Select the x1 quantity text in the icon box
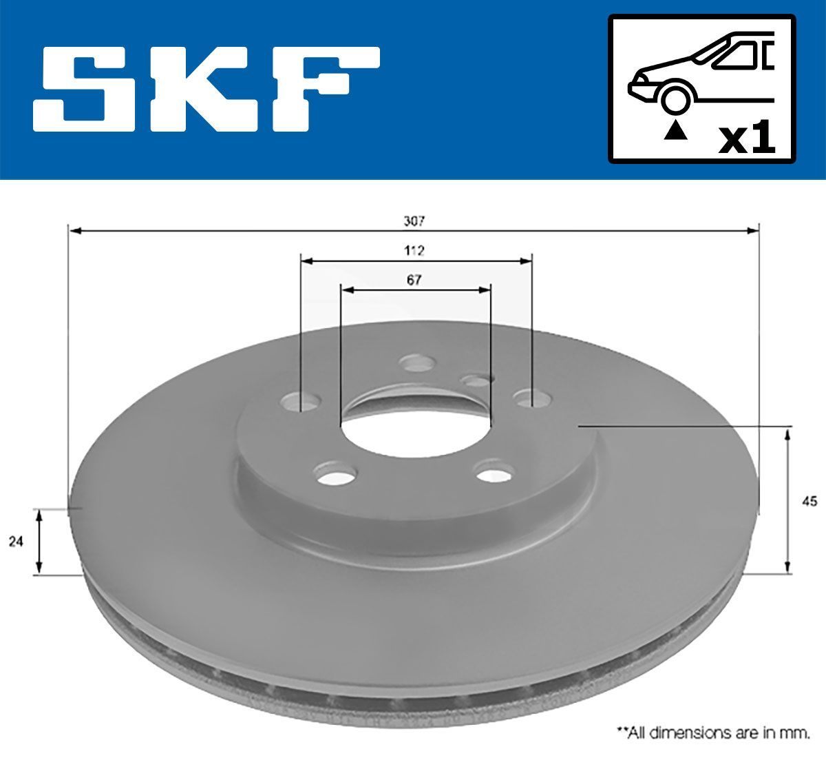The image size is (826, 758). (746, 139)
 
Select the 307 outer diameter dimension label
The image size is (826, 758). (414, 221)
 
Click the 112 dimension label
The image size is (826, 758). (414, 251)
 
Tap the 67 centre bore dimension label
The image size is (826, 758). (414, 280)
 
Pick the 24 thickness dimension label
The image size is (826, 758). (16, 542)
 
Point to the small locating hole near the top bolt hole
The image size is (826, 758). (476, 380)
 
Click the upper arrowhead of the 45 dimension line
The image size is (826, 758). (787, 433)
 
